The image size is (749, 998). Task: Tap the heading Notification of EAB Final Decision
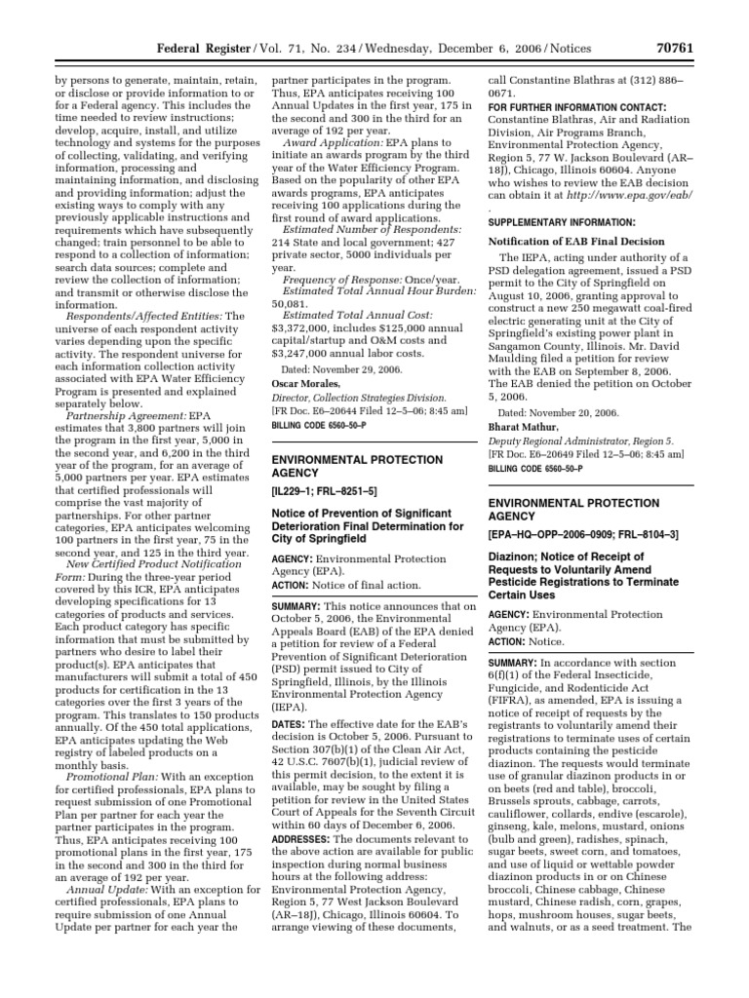click(577, 241)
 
